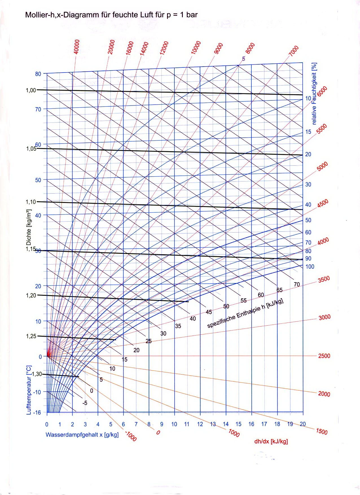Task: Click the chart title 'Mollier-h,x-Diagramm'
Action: click(x=111, y=15)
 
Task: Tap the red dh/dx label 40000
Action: click(x=76, y=47)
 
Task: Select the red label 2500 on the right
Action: click(x=324, y=356)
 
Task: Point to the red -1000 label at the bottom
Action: click(x=130, y=436)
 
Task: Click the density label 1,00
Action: click(x=31, y=90)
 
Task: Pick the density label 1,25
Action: click(x=31, y=336)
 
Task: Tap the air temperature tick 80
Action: click(x=38, y=74)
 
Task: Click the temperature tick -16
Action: click(x=37, y=413)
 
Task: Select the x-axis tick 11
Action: click(x=187, y=424)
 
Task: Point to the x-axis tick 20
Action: click(x=303, y=424)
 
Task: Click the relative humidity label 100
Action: click(x=309, y=266)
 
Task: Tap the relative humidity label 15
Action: click(x=308, y=132)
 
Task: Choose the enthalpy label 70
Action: click(x=297, y=284)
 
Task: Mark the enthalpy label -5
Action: click(x=85, y=403)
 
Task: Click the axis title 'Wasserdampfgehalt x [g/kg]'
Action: click(x=82, y=435)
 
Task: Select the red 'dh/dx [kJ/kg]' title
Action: click(x=271, y=441)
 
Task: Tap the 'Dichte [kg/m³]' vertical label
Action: click(x=29, y=227)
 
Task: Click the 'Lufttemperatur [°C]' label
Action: click(x=29, y=390)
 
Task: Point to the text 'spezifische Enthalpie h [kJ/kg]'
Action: click(x=245, y=313)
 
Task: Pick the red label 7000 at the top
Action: click(x=294, y=51)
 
